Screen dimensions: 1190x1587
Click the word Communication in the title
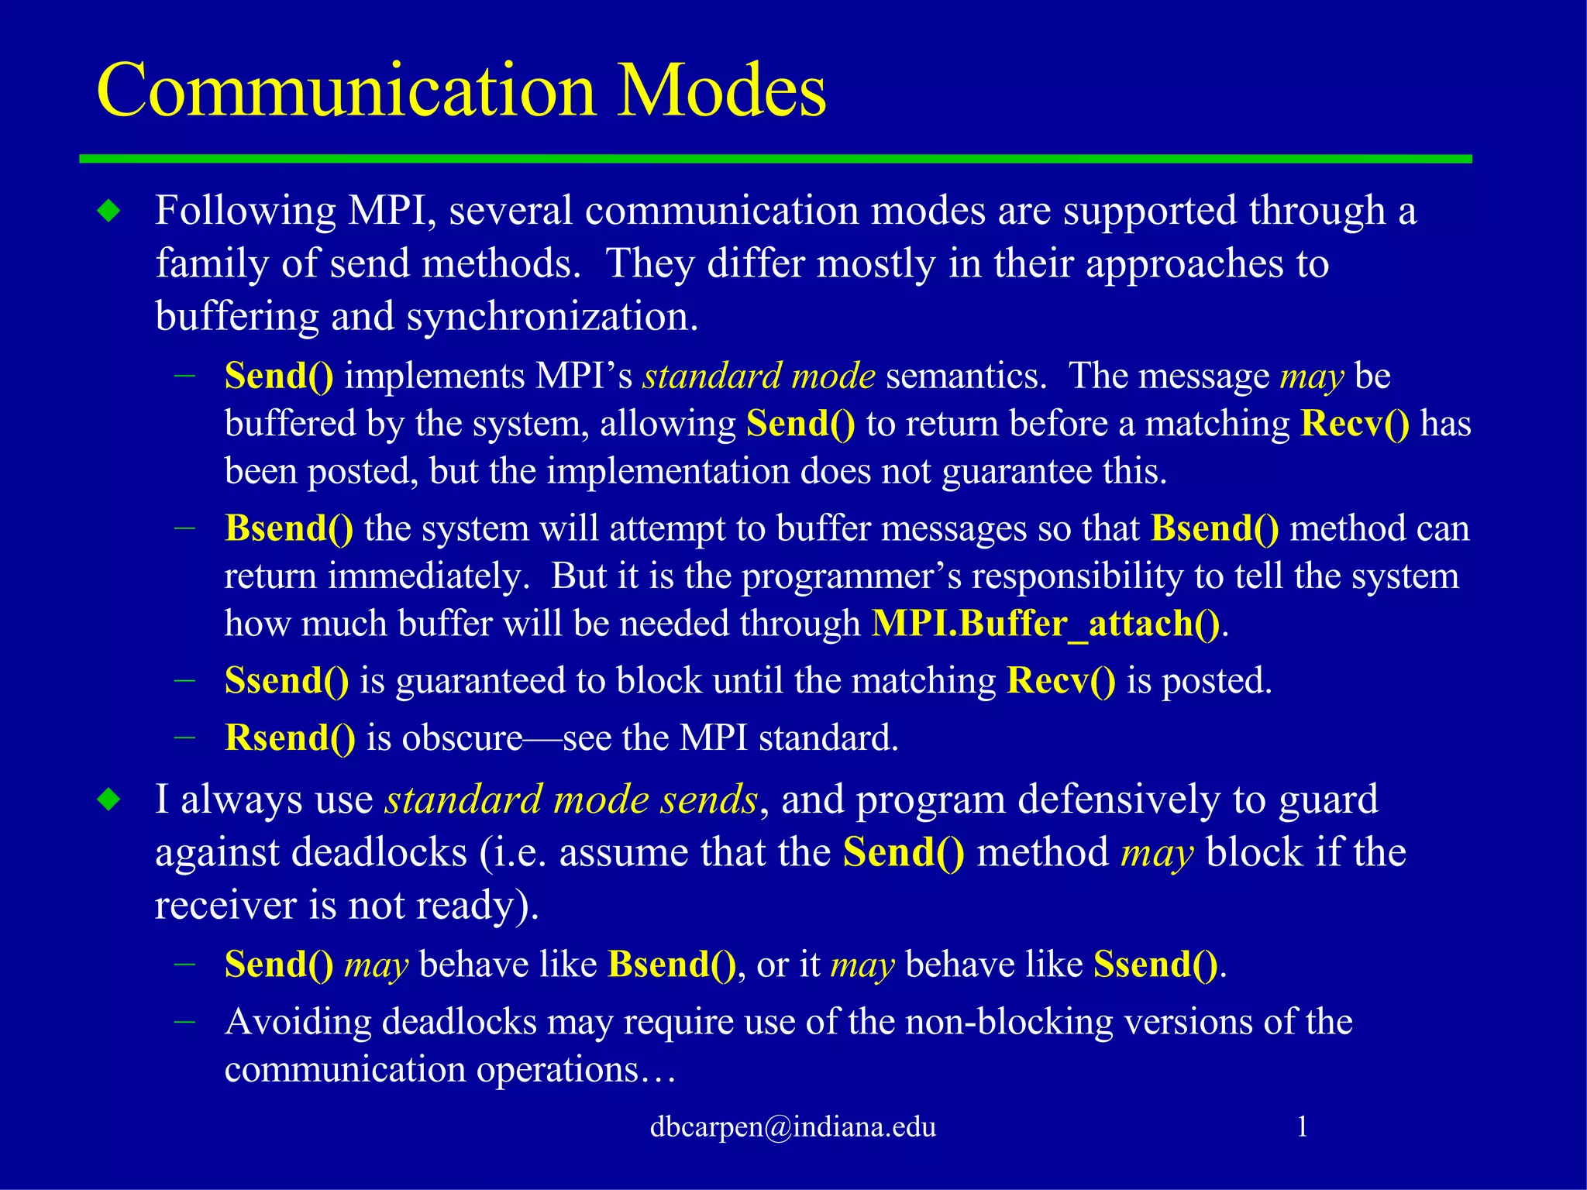345,91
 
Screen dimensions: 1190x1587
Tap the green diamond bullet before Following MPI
109,211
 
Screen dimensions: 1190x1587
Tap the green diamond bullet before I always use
109,800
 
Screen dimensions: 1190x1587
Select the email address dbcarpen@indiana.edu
792,1126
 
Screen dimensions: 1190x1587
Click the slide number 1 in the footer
1303,1126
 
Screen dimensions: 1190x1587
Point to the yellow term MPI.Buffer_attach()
1046,624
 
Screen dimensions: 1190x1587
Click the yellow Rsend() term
289,738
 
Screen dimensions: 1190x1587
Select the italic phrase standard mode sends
571,800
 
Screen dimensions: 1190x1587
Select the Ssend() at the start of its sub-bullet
286,681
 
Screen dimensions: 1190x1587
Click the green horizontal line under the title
775,159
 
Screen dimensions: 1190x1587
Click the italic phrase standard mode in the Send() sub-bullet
759,377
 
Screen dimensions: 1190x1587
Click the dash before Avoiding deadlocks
184,1022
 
